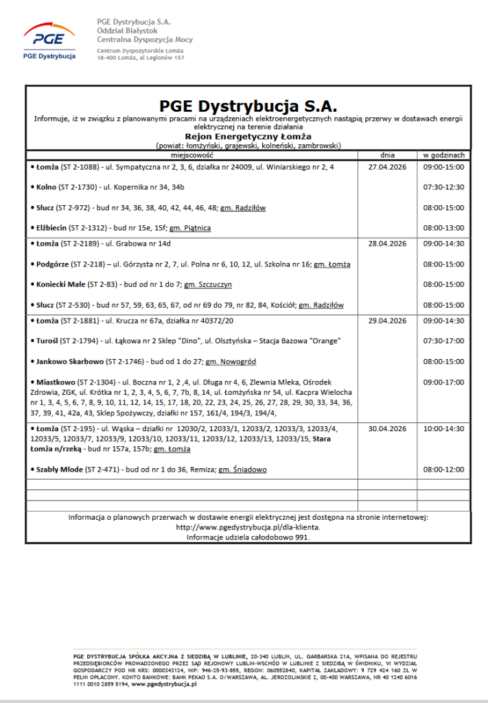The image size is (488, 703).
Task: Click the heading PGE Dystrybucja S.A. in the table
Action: point(248,106)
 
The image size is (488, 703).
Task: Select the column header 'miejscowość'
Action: point(191,155)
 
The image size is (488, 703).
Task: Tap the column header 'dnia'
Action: point(388,155)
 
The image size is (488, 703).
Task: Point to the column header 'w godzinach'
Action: point(444,155)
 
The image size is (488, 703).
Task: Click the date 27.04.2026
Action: point(388,167)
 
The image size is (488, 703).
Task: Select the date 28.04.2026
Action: point(388,244)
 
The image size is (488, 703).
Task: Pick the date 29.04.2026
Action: point(388,321)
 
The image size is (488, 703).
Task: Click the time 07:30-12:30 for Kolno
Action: point(444,187)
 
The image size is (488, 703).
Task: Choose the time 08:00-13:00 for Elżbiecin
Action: point(444,228)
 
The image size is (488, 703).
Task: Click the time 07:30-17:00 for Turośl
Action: point(444,341)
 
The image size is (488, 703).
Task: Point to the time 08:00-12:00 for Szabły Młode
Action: point(444,470)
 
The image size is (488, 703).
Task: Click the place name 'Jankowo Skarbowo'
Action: point(63,362)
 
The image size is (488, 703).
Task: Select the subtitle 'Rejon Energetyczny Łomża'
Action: point(248,136)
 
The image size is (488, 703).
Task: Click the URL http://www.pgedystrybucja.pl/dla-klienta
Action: point(248,527)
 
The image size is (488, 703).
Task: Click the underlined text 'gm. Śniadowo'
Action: point(242,470)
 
